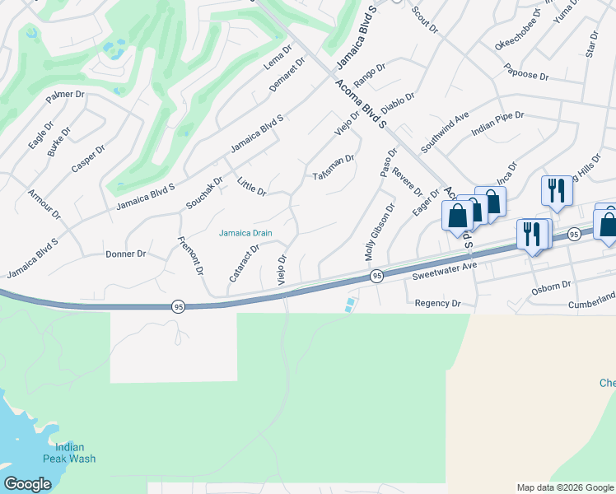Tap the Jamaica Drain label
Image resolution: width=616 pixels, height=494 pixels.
[x=245, y=233]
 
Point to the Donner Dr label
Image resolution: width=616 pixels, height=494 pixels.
[x=125, y=254]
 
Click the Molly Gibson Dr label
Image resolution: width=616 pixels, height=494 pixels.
[x=380, y=233]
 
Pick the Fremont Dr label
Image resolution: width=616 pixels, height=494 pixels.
[x=191, y=255]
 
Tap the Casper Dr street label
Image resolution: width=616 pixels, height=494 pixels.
[x=88, y=159]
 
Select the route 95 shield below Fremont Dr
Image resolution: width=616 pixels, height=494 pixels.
[x=178, y=306]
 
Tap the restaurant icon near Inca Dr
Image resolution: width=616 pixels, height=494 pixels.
[x=557, y=190]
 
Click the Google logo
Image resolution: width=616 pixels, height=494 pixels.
[x=28, y=484]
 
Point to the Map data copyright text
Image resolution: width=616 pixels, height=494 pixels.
[x=564, y=487]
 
